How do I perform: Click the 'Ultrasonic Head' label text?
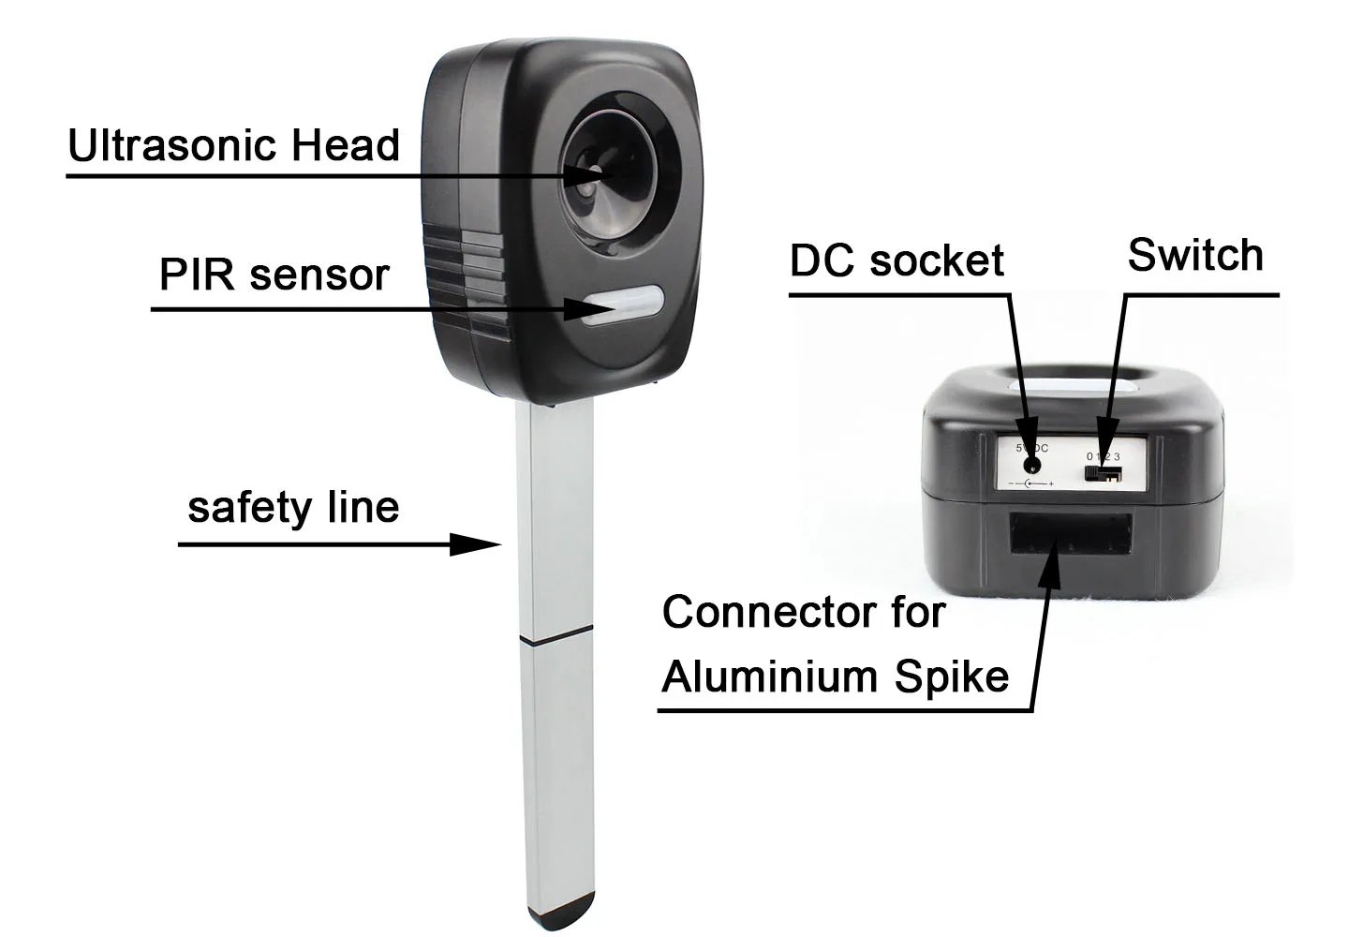[234, 146]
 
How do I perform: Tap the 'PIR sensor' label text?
[274, 275]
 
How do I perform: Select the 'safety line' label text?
[293, 507]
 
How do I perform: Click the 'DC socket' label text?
[896, 260]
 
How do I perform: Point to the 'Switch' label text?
[1195, 255]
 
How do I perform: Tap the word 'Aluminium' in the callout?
[772, 677]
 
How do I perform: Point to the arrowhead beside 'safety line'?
[477, 544]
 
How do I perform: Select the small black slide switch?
[1104, 473]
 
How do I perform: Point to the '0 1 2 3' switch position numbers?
[1103, 455]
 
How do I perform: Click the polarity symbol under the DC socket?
[1031, 484]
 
